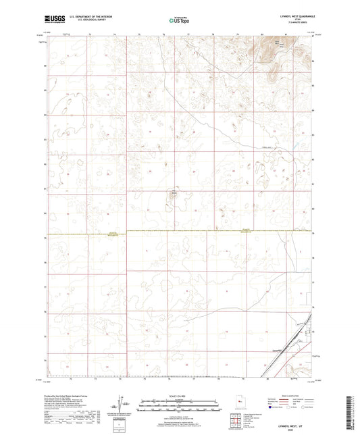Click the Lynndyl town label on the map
[276, 351]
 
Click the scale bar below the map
[179, 399]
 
